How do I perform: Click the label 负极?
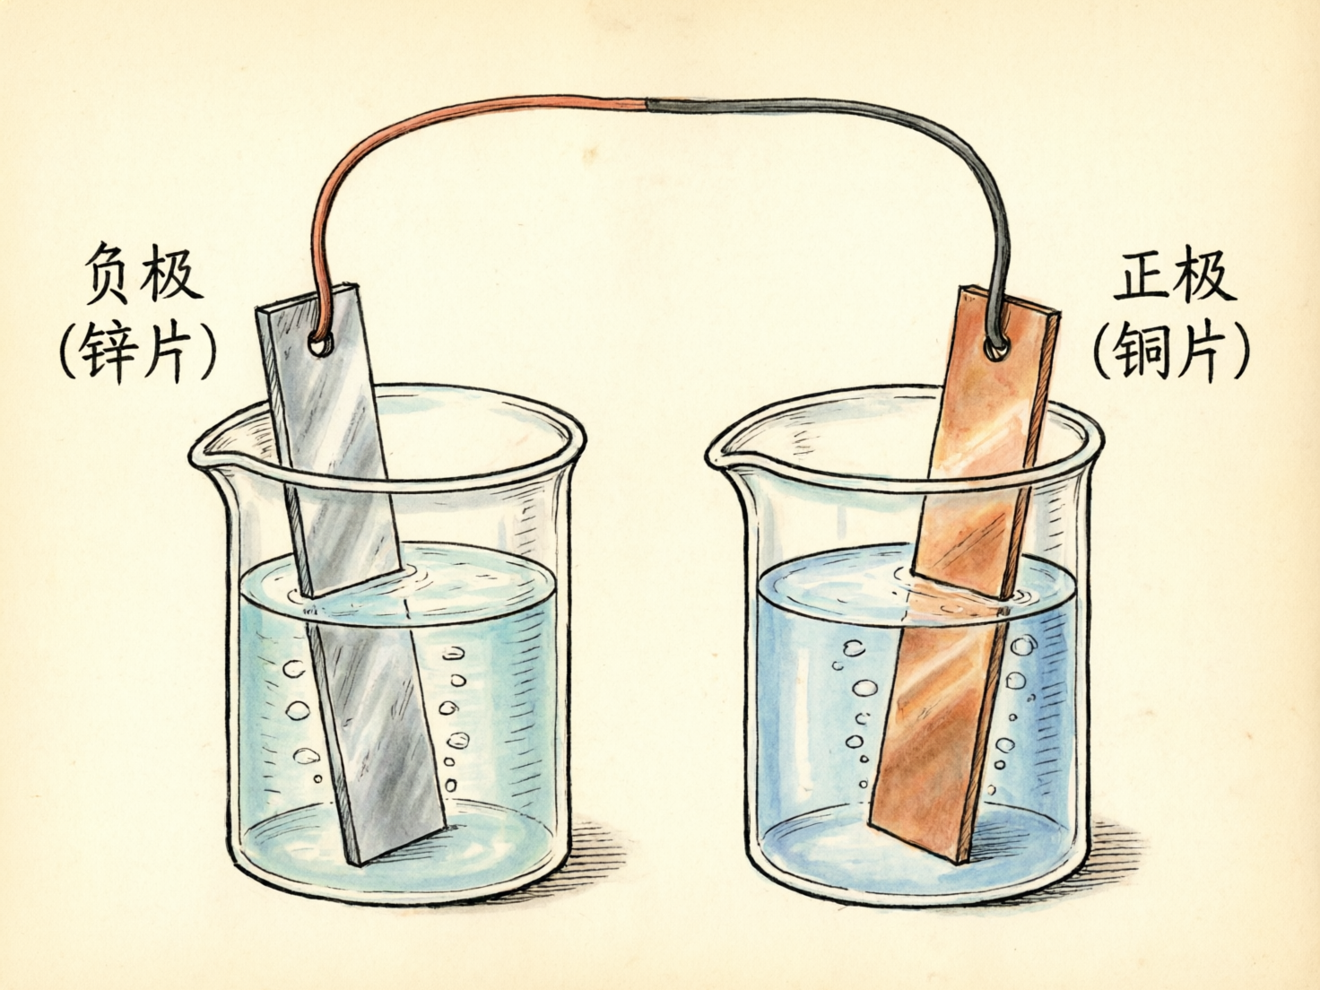(142, 274)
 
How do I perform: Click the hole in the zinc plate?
(319, 344)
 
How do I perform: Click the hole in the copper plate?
(996, 347)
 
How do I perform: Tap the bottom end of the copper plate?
(920, 837)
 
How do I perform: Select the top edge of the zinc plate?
(308, 296)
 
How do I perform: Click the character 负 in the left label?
(109, 274)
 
